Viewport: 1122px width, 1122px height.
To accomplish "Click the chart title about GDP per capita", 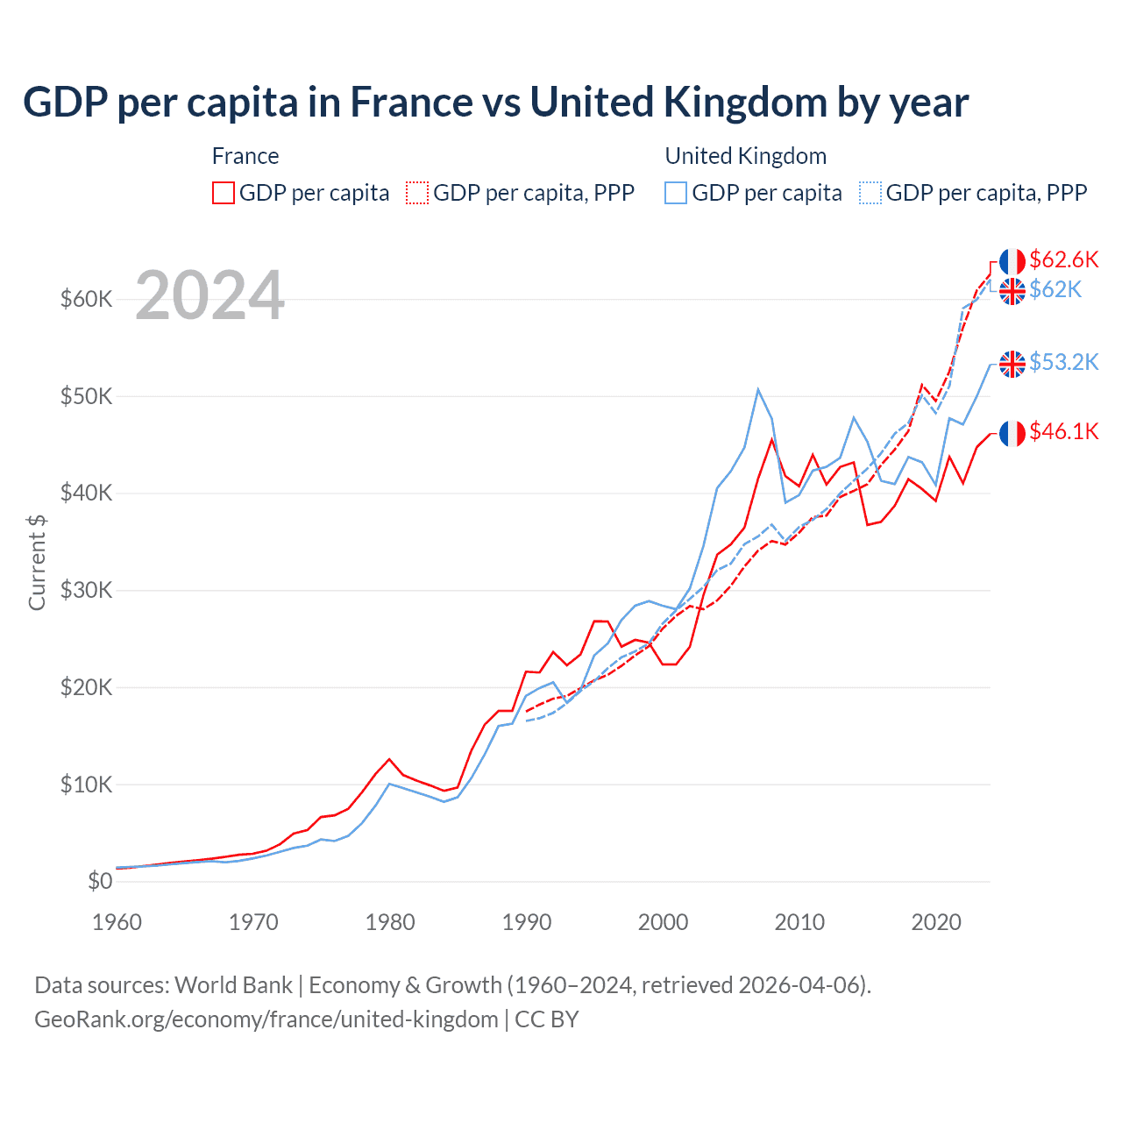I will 495,103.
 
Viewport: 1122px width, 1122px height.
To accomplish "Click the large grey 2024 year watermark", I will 209,295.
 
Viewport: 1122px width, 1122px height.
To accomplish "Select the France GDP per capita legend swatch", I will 224,193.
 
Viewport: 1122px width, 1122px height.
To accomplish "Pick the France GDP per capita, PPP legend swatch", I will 417,193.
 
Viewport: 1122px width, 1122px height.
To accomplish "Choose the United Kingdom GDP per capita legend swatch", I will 676,193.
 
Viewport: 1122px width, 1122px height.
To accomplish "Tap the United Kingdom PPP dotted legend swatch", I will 870,193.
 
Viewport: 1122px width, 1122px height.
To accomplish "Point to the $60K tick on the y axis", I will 87,299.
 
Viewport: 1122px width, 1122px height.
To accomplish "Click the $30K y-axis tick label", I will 87,590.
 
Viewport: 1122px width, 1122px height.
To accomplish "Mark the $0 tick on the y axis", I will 100,881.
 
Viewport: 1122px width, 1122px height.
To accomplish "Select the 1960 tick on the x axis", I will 117,922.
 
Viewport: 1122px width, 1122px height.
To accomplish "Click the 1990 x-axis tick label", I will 527,922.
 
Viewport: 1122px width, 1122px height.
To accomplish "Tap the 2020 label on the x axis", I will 936,922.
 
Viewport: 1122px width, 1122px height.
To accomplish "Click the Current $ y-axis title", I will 37,562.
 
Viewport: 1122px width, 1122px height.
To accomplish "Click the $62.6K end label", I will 1063,259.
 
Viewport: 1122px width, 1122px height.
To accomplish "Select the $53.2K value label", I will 1063,362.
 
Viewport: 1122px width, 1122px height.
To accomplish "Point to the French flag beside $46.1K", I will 1012,433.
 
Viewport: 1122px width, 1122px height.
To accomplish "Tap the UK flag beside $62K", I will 1012,291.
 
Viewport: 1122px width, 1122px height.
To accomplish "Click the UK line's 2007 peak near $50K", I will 758,389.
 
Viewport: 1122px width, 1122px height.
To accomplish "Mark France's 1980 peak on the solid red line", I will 389,759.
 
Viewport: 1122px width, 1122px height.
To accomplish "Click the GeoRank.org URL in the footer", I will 266,1019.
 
